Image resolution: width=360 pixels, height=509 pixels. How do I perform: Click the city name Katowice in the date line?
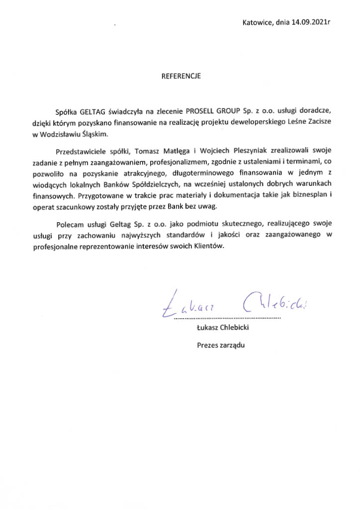pos(257,22)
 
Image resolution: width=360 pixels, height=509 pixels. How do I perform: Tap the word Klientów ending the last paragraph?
pos(216,247)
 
